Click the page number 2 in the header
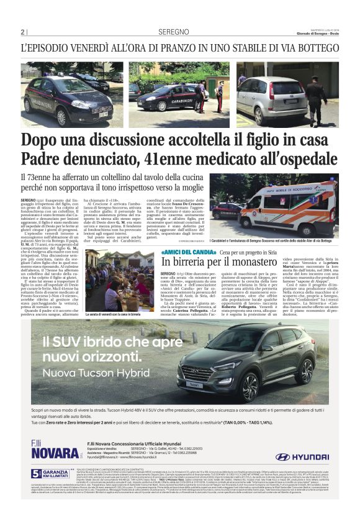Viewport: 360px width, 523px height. (22, 32)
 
